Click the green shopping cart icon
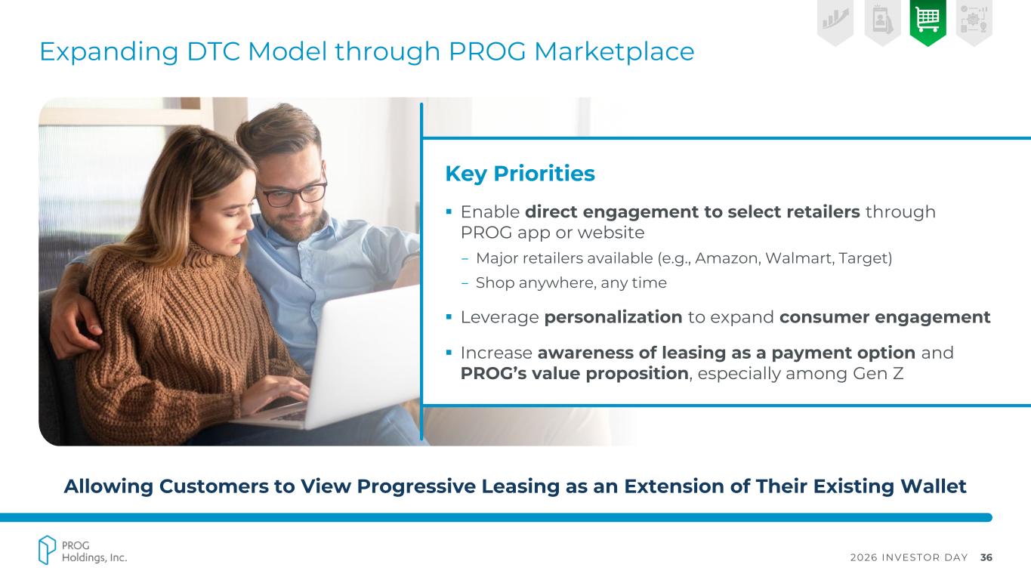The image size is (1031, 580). point(928,20)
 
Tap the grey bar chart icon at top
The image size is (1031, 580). point(835,19)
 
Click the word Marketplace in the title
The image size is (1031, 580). point(614,51)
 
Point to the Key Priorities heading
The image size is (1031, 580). point(520,174)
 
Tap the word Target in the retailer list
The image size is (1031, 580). point(863,258)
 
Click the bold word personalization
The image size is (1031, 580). point(613,317)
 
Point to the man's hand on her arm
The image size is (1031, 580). point(77,322)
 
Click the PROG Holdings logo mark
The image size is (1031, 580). point(47,550)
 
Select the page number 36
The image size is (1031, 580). point(986,557)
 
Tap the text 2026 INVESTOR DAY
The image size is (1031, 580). point(909,557)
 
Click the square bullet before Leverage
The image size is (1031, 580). point(449,316)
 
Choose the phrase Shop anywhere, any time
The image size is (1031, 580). point(571,282)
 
